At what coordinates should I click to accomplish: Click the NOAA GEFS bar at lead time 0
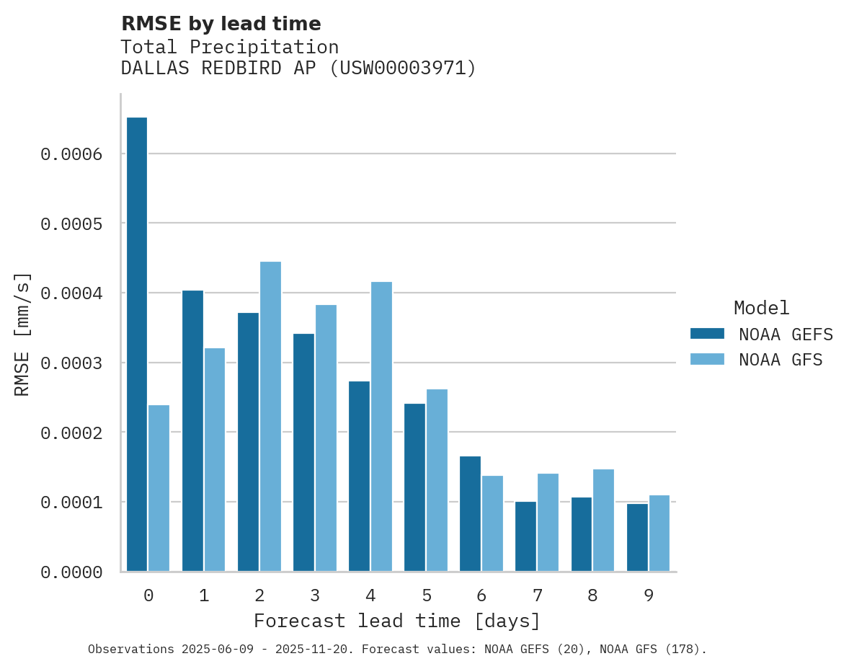pyautogui.click(x=137, y=344)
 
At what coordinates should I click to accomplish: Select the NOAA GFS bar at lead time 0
pyautogui.click(x=159, y=488)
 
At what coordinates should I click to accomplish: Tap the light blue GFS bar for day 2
pyautogui.click(x=270, y=417)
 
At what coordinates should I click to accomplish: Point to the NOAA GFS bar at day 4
pyautogui.click(x=381, y=427)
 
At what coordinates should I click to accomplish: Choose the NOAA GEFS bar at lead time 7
pyautogui.click(x=525, y=536)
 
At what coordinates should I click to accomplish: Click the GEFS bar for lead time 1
pyautogui.click(x=192, y=431)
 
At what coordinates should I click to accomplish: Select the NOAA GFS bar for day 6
pyautogui.click(x=493, y=523)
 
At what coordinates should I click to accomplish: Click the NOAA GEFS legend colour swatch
pyautogui.click(x=707, y=334)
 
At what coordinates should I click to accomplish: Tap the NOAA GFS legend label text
pyautogui.click(x=781, y=359)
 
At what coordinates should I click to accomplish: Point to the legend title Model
pyautogui.click(x=762, y=308)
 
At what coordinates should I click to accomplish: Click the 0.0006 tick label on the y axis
pyautogui.click(x=71, y=154)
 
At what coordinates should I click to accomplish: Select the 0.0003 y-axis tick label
pyautogui.click(x=71, y=363)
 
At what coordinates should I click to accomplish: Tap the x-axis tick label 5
pyautogui.click(x=427, y=595)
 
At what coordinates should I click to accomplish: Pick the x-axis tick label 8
pyautogui.click(x=592, y=595)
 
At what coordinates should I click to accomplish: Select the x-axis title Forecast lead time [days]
pyautogui.click(x=397, y=621)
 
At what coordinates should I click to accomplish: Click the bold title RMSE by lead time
pyautogui.click(x=221, y=24)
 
